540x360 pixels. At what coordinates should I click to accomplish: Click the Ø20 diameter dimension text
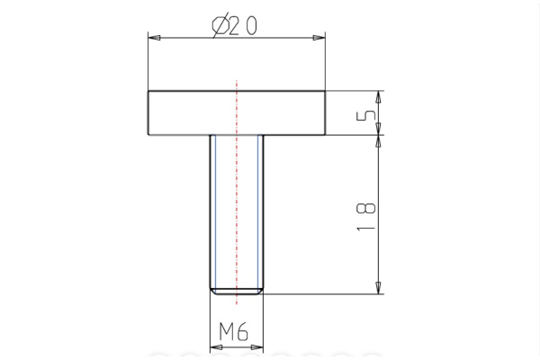pos(235,26)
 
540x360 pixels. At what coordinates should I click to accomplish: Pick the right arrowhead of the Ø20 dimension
pos(318,38)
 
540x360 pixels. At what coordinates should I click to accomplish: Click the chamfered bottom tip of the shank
pos(237,291)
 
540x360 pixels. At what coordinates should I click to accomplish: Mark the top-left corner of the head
pos(148,92)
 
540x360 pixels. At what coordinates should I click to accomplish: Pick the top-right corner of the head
pos(325,92)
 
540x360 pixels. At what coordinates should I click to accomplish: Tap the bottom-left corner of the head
pos(148,136)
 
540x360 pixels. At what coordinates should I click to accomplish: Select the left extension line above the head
pos(148,63)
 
